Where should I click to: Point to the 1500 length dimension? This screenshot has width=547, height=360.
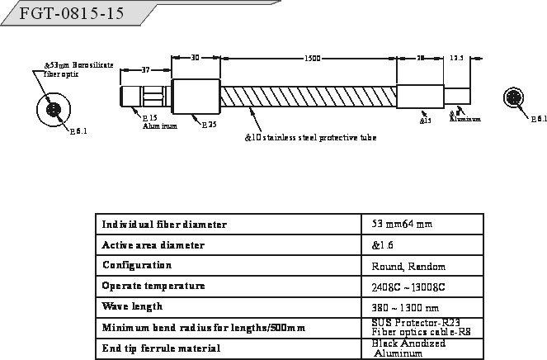(313, 59)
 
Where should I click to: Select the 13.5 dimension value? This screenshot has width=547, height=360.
(457, 59)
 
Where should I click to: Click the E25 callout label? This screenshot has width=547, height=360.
(210, 125)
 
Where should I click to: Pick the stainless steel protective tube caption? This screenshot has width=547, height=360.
(311, 137)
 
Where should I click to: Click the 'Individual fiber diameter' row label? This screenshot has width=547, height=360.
(164, 225)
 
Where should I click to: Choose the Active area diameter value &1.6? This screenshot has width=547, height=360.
(384, 245)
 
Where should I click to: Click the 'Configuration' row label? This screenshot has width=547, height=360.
(137, 266)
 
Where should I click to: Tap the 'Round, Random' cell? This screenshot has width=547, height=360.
(408, 267)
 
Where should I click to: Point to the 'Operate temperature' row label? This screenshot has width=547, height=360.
(153, 287)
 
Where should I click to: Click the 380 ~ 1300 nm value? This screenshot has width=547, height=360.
(404, 307)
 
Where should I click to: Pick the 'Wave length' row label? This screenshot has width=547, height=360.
(132, 306)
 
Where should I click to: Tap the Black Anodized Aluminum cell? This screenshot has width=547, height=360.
(408, 348)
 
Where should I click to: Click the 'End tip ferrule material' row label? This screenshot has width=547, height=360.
(161, 348)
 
